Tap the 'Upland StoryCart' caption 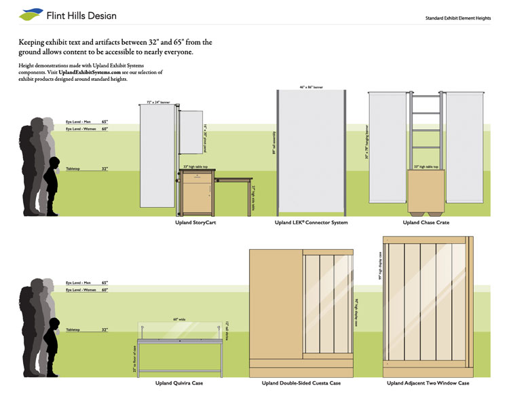point(196,222)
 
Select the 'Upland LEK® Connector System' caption point(312,222)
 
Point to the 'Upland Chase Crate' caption point(426,222)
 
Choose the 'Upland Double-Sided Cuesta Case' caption point(301,383)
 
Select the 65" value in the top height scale point(104,121)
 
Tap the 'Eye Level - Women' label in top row point(80,128)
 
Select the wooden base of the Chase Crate point(425,190)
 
